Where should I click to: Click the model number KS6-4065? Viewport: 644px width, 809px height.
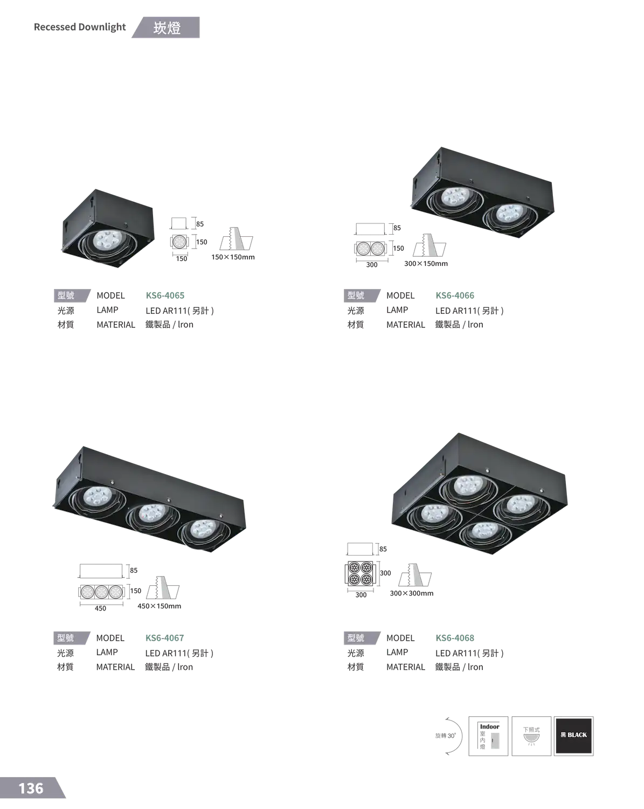(x=165, y=296)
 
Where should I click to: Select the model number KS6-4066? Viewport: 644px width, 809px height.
(x=455, y=296)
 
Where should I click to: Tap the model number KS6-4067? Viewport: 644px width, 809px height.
(x=164, y=638)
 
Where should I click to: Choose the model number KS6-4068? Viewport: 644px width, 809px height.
(x=455, y=638)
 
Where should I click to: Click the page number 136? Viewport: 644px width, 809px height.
(x=31, y=789)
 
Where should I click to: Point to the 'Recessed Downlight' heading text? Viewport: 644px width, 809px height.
(x=80, y=27)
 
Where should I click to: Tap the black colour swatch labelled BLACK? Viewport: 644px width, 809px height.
(x=573, y=736)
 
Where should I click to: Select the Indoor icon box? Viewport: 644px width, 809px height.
(x=488, y=736)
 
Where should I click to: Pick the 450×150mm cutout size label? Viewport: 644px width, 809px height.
(x=160, y=606)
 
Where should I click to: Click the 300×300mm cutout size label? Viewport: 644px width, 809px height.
(x=411, y=593)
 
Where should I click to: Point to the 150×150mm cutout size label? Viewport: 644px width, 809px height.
(x=233, y=257)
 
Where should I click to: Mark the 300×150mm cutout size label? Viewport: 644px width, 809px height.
(x=426, y=264)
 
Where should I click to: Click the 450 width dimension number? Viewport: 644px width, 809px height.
(x=100, y=608)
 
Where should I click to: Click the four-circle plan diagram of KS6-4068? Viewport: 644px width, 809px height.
(x=360, y=573)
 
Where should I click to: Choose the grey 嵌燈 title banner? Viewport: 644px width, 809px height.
(x=166, y=28)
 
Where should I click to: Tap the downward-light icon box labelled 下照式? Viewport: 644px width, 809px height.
(x=531, y=736)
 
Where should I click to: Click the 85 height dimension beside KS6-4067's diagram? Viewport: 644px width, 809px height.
(x=134, y=570)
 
